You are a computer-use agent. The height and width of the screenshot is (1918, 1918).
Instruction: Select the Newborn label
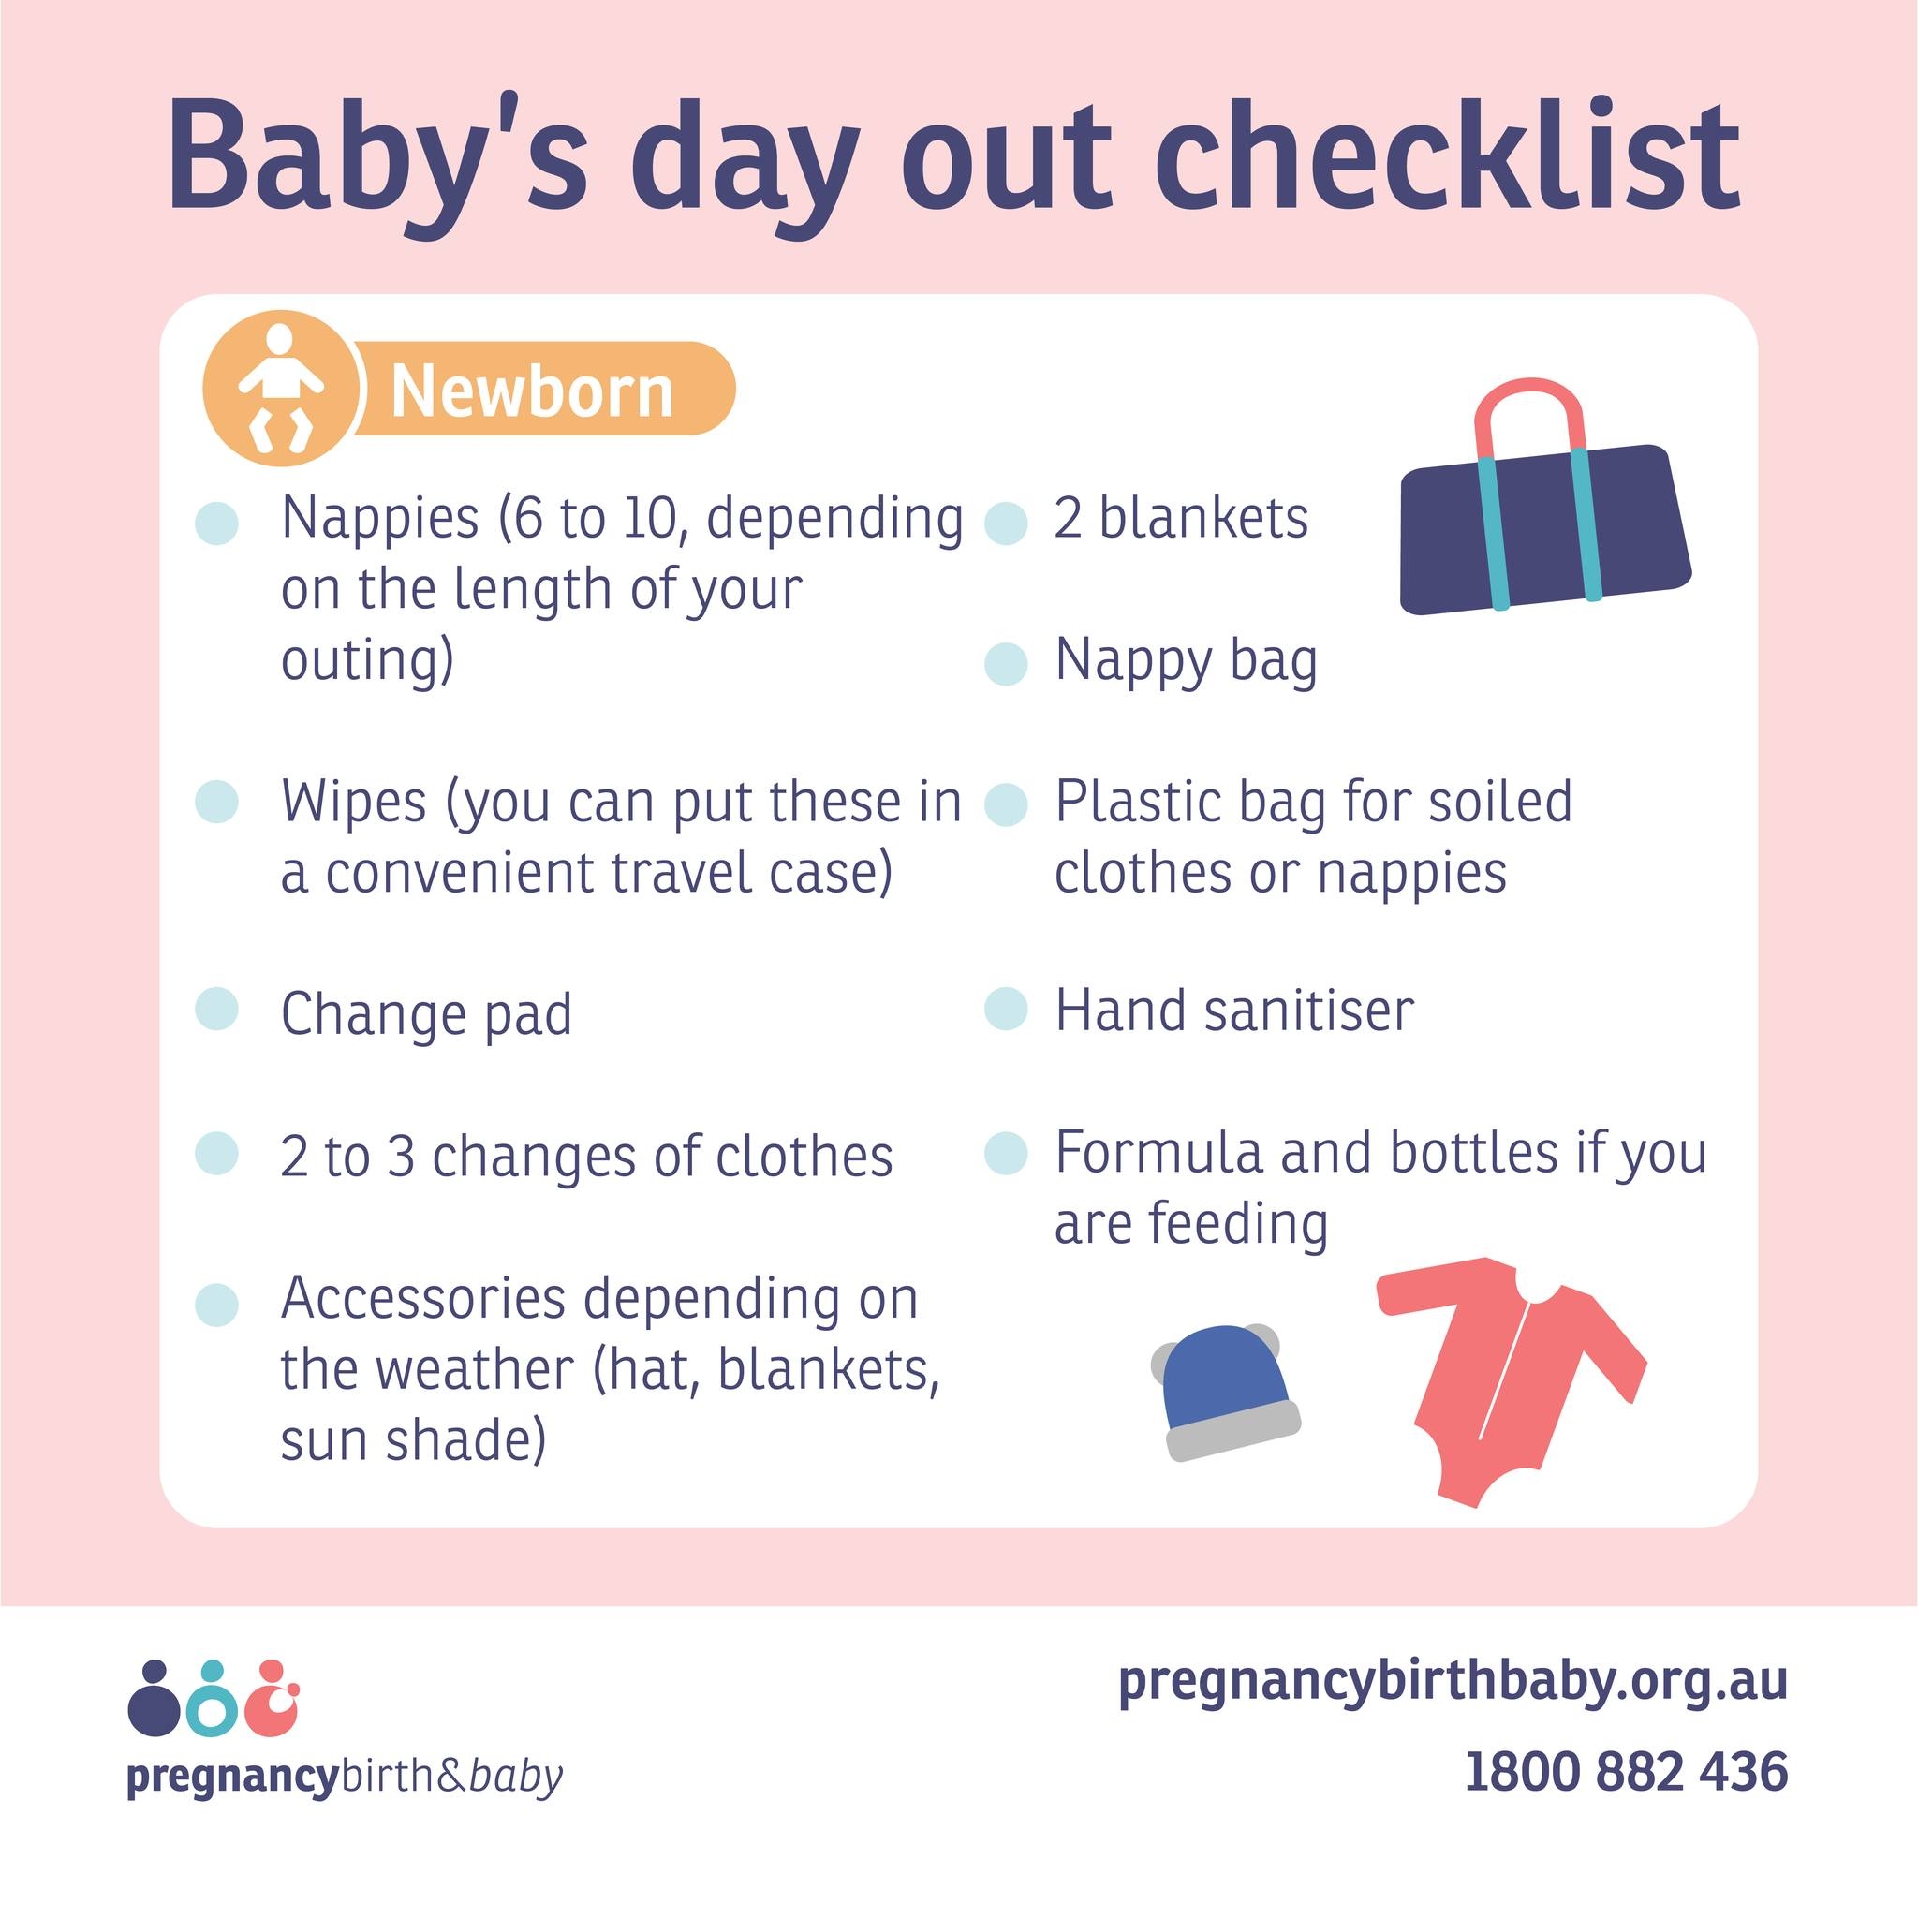[x=532, y=391]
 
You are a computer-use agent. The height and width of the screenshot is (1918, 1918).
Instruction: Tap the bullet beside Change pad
[x=217, y=1010]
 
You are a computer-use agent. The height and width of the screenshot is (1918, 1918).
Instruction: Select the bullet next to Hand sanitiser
[x=1006, y=1010]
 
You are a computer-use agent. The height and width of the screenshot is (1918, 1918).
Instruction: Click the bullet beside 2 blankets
[x=1006, y=524]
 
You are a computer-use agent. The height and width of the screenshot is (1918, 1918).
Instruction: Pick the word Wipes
[x=353, y=803]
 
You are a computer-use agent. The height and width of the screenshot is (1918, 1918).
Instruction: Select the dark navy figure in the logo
[x=153, y=1700]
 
